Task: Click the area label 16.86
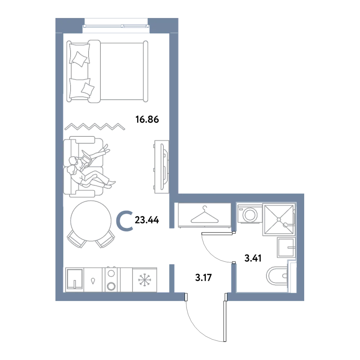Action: click(x=147, y=120)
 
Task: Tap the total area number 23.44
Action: click(x=147, y=220)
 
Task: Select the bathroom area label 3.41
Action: click(x=253, y=258)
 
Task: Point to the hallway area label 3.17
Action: click(x=203, y=278)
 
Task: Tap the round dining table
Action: click(x=91, y=221)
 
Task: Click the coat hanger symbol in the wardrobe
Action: click(x=204, y=215)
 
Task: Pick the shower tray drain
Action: click(x=279, y=220)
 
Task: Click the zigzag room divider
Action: click(x=95, y=126)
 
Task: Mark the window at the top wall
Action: click(x=116, y=26)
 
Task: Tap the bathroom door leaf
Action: click(x=217, y=234)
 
